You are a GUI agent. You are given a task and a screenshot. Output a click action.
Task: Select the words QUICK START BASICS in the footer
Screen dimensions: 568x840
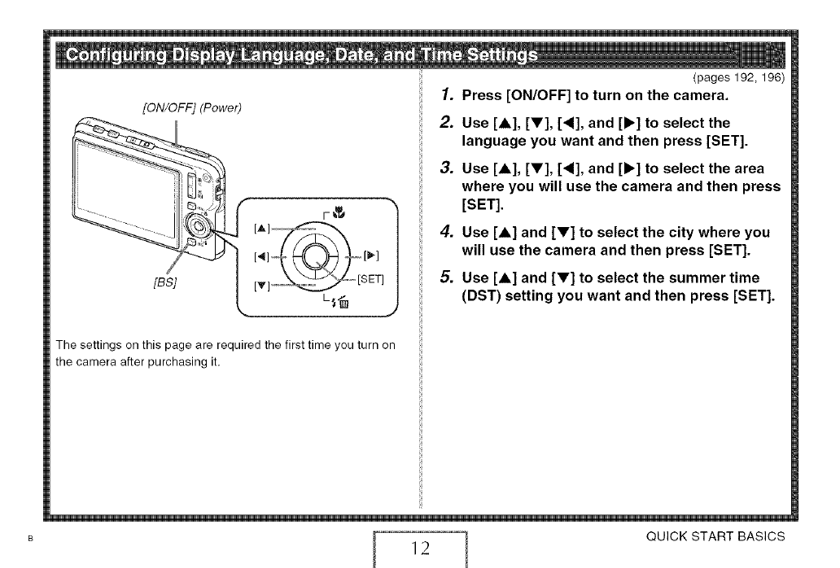coord(715,536)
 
